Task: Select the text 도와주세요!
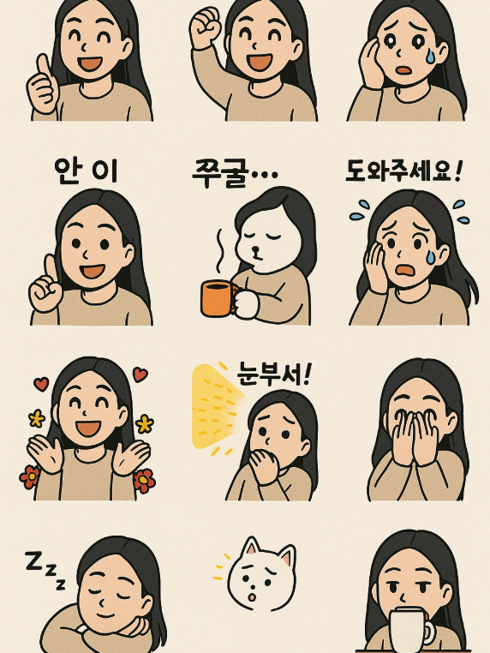click(x=403, y=171)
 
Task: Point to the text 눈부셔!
click(x=274, y=374)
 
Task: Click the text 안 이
click(x=86, y=171)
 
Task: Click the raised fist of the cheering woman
click(x=205, y=29)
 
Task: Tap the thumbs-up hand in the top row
click(x=42, y=86)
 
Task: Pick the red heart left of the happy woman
click(x=40, y=383)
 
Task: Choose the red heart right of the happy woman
click(x=140, y=374)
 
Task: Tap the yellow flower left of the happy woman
click(x=36, y=418)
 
